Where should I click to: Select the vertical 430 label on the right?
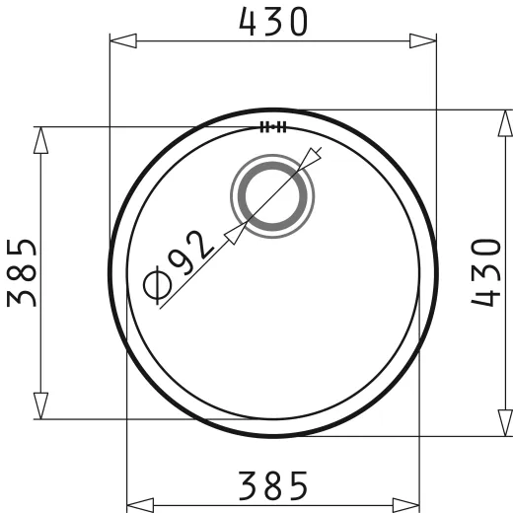490,272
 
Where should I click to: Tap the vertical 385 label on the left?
23,272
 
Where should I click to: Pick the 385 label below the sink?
272,484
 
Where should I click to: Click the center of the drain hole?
272,197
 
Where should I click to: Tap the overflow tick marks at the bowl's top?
272,126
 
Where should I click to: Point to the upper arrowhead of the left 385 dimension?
40,140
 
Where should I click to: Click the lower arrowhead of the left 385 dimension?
40,404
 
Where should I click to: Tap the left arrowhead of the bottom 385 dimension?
140,505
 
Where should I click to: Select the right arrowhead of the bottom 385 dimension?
404,505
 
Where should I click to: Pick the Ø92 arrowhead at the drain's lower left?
235,234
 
